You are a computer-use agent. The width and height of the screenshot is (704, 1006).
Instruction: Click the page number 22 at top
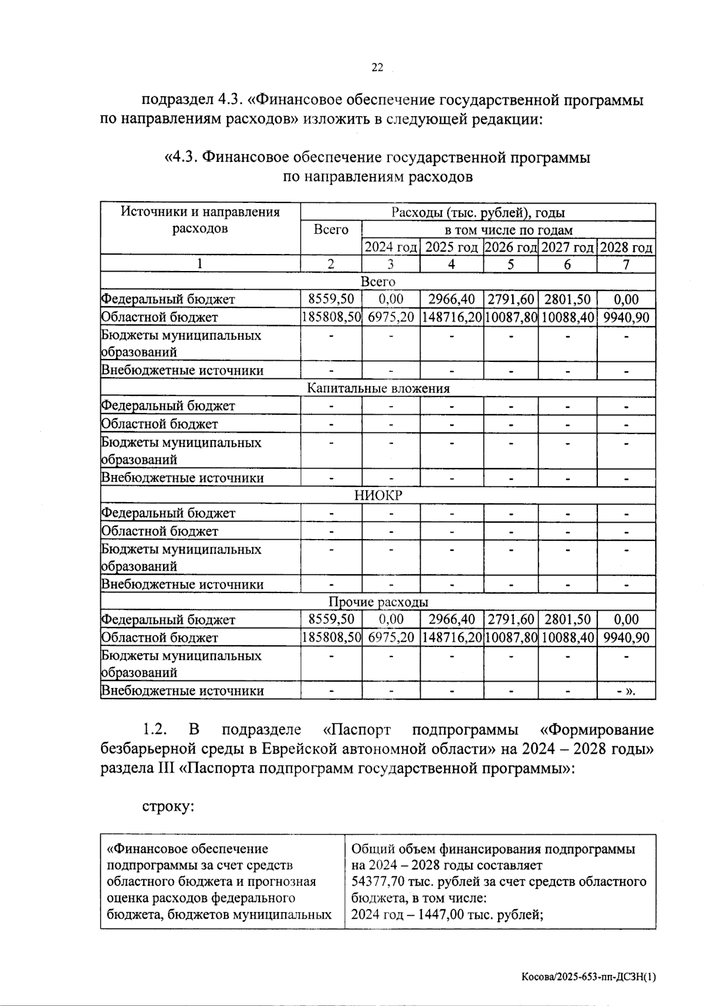click(x=377, y=68)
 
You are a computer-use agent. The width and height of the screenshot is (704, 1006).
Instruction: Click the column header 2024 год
click(x=391, y=248)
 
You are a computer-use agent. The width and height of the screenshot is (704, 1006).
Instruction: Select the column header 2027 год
click(x=567, y=248)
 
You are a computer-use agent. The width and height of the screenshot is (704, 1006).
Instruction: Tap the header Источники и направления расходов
click(x=200, y=220)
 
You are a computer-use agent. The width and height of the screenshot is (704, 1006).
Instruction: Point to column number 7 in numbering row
click(x=626, y=264)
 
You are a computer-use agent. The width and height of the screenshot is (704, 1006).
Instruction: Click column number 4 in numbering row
click(x=451, y=264)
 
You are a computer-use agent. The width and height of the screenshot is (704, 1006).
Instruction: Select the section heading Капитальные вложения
click(x=378, y=388)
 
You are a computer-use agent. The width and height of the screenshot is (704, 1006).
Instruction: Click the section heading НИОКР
click(x=378, y=496)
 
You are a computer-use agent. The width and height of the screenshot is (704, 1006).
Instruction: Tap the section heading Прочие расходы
click(x=378, y=602)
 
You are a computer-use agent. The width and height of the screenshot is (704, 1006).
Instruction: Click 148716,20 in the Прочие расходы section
click(x=451, y=638)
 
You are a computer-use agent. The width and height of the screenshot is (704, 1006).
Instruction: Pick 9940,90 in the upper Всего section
click(x=626, y=317)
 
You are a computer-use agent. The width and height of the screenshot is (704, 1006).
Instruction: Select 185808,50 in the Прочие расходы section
click(x=331, y=638)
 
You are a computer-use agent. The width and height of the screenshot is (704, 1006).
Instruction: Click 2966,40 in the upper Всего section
click(x=451, y=299)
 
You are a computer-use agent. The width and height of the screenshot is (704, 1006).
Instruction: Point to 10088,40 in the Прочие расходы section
click(x=567, y=638)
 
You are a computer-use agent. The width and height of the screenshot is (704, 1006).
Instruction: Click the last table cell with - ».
click(x=626, y=691)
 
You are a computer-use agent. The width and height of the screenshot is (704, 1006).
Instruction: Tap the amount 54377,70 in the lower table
click(x=375, y=882)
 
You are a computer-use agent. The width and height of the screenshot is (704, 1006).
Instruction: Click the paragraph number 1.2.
click(x=155, y=730)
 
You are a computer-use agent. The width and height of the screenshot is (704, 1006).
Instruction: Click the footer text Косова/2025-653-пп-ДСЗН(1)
click(x=588, y=977)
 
